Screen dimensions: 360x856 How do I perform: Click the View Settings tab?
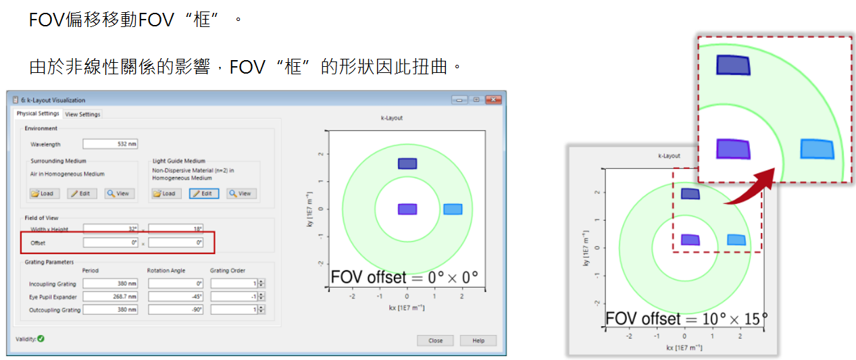point(82,114)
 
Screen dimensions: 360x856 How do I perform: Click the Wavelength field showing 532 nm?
point(110,144)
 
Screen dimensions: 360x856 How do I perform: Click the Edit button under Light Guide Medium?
point(203,193)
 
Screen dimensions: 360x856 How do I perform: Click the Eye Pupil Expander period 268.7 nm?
point(110,297)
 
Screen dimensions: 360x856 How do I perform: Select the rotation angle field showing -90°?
point(176,310)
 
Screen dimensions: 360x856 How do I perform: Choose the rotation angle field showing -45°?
point(176,297)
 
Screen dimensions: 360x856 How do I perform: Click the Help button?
point(478,340)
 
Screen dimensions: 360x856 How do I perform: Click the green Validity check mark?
point(41,338)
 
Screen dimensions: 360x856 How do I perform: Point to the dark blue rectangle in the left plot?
point(407,163)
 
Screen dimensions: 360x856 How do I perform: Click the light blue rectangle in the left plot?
point(453,209)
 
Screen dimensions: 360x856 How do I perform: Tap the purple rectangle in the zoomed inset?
point(733,149)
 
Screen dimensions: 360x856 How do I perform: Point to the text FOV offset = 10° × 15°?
point(686,318)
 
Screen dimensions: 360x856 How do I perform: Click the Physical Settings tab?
point(38,113)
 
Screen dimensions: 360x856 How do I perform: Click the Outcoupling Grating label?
point(55,310)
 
